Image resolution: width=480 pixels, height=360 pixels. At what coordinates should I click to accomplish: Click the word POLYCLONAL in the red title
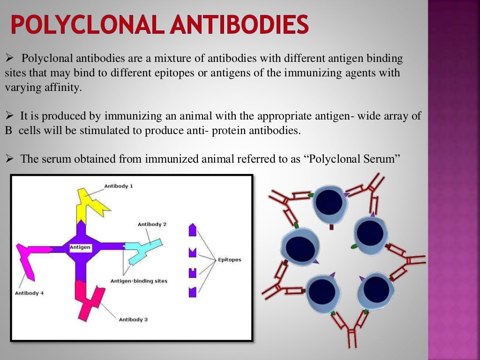click(x=87, y=25)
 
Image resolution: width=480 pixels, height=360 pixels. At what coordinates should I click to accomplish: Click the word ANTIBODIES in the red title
click(x=239, y=25)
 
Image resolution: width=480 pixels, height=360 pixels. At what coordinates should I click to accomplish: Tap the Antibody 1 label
click(x=119, y=186)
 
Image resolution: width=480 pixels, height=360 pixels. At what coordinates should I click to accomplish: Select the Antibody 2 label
click(x=152, y=224)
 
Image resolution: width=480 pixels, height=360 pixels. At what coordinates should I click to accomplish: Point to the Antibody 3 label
click(x=133, y=320)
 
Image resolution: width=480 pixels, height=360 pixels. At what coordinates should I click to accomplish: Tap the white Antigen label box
click(x=80, y=247)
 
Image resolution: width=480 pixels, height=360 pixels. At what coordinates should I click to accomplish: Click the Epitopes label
click(x=229, y=260)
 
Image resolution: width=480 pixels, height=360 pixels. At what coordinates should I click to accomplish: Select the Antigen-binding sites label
click(x=139, y=281)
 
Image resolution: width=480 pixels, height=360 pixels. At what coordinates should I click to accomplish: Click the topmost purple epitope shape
click(x=192, y=230)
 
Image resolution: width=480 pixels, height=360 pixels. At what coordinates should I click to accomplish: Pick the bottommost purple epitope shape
click(x=192, y=292)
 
